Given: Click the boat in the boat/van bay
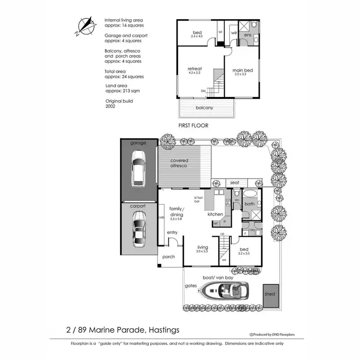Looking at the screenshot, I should click(224, 290).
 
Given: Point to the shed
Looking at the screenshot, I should click(270, 294).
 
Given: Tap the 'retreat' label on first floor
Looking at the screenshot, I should click(194, 69).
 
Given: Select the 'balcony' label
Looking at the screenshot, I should click(205, 108).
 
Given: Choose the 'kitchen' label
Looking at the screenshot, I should click(216, 214).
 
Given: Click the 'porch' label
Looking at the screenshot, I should click(169, 257).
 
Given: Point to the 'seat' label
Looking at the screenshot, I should click(235, 183).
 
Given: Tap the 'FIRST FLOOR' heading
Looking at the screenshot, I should click(193, 125).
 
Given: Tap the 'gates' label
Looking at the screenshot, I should click(191, 286).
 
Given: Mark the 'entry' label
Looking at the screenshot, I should click(172, 233).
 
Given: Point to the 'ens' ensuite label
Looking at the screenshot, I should click(248, 36).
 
